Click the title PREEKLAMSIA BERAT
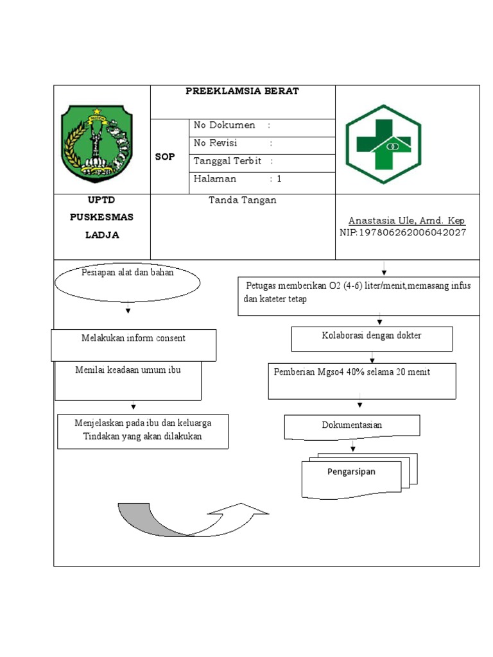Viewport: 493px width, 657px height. (242, 91)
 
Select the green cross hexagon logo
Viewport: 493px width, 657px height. (383, 144)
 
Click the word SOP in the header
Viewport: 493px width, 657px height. (164, 157)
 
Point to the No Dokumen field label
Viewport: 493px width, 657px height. (225, 125)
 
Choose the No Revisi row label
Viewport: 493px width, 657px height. (216, 143)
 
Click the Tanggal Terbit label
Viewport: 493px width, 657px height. (227, 161)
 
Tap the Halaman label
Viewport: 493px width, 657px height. (215, 179)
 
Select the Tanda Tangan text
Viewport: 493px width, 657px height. (243, 200)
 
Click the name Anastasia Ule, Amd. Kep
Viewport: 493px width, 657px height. (406, 221)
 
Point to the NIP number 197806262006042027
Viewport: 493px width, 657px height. (402, 232)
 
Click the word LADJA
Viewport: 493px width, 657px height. (102, 235)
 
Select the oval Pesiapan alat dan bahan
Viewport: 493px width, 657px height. (128, 281)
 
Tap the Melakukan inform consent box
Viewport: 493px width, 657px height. (134, 345)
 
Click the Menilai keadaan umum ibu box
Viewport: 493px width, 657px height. (128, 381)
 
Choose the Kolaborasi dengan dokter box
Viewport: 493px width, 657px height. (372, 339)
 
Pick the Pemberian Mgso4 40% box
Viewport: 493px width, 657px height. (362, 380)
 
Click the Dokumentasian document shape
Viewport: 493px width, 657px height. (352, 426)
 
